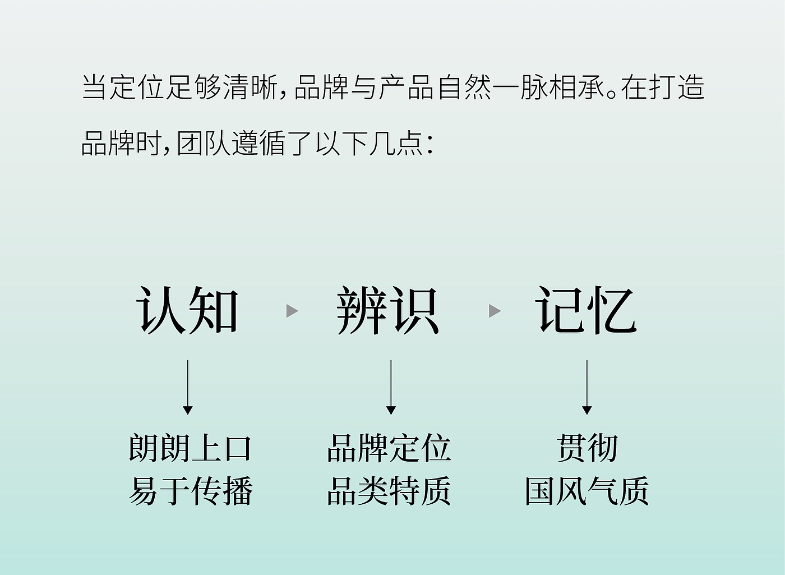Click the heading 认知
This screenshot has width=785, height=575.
coord(187,310)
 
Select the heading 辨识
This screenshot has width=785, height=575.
coord(387,310)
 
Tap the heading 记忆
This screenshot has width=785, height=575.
coord(587,310)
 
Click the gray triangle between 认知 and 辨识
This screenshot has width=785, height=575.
coord(292,311)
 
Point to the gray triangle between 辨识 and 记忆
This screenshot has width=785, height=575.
coord(495,311)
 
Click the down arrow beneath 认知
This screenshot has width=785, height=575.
coord(188,387)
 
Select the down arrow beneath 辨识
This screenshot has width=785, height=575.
coord(391,387)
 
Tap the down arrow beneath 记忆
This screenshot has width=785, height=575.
coord(587,387)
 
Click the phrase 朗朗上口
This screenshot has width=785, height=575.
coord(190,448)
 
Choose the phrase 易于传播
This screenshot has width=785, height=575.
coord(190,491)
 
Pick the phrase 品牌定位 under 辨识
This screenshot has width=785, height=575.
coord(389,448)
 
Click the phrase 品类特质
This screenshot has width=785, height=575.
coord(389,491)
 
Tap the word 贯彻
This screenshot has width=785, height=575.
coord(588,448)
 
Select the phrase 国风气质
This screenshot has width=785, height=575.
coord(587,491)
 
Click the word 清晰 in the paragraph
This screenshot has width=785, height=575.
coord(250,87)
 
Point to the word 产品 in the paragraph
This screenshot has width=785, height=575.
coord(406,87)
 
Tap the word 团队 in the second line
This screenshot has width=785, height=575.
coord(203,144)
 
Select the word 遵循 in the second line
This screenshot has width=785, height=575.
coord(258,144)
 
